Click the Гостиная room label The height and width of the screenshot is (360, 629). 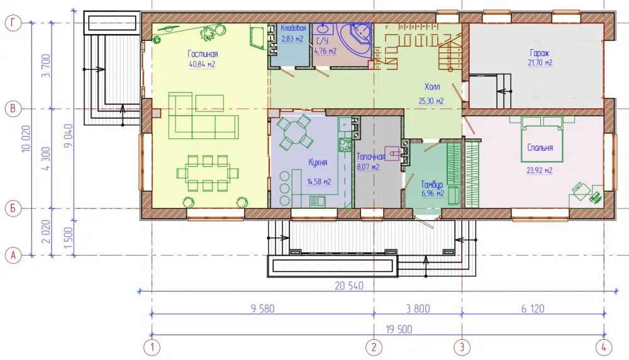point(203,53)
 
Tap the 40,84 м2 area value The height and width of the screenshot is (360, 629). point(202,64)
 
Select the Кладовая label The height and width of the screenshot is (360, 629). point(293,28)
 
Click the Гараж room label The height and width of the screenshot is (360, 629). point(540,53)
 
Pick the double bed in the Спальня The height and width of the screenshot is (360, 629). point(542,139)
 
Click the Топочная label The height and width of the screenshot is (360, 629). point(370,157)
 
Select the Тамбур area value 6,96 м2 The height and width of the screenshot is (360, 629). point(433,193)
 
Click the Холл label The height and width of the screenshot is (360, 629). point(432,87)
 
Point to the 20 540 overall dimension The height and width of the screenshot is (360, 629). point(349,286)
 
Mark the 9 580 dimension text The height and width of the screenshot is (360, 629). point(263,308)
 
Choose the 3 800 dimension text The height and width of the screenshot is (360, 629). point(418,308)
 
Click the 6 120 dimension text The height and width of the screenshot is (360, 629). point(533,308)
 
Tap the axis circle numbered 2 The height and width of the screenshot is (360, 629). point(374,347)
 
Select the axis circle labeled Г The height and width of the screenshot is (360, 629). point(13,23)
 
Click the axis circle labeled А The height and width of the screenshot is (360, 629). point(13,256)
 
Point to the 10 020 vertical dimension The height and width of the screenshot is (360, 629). point(26,138)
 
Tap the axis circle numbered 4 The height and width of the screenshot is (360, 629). point(604,347)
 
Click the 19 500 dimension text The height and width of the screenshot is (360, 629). point(399,330)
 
